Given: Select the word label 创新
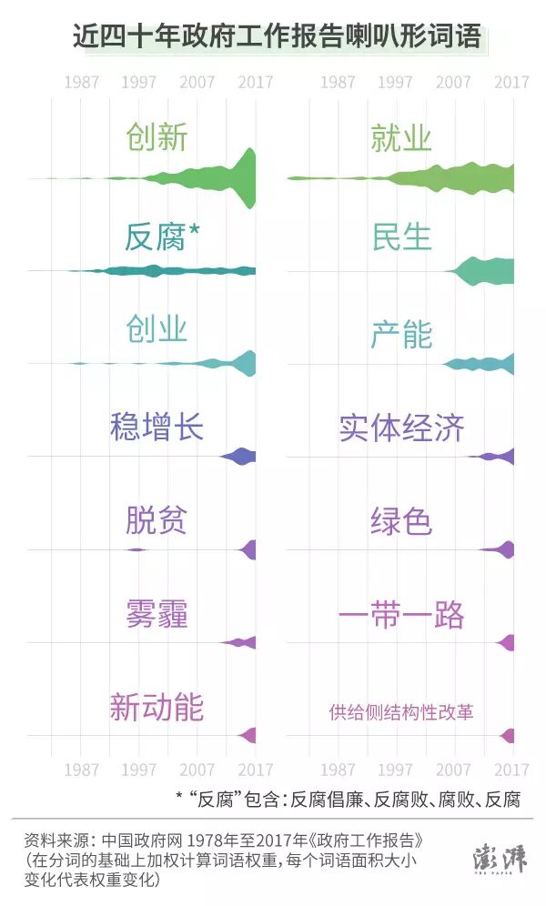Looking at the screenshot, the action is pos(157,137).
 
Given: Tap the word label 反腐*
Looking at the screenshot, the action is pos(162,236).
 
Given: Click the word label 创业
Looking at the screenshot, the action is pos(157,329).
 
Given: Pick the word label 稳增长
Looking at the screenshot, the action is pos(157,426).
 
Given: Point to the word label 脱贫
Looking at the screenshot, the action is pos(157,521).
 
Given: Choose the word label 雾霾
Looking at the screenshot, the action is pos(157,615).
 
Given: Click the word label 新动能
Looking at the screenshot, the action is pos(157,708).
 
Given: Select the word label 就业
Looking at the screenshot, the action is pos(400,137).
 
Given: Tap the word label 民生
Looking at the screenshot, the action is pos(400,236).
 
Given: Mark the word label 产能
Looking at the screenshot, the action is pos(400,334).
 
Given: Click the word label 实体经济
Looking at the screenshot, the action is pos(401,428).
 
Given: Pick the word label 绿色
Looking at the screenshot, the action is pos(400,521).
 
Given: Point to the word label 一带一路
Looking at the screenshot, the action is pos(401,615).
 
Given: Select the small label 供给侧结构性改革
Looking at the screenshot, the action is pos(401,712).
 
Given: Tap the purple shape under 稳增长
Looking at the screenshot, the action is pos(240,456).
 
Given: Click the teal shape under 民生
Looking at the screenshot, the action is pos(487,271).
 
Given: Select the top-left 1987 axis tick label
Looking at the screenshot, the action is pos(82,83).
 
